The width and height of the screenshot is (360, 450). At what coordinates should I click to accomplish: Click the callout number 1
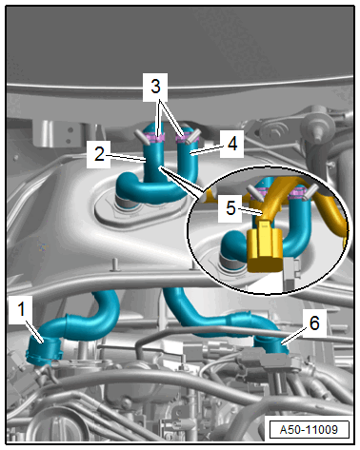click(x=21, y=309)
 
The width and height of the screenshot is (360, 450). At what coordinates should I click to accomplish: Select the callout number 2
click(x=99, y=154)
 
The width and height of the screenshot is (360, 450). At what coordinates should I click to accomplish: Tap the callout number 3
click(x=155, y=87)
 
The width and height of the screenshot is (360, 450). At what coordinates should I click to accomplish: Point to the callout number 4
click(x=232, y=145)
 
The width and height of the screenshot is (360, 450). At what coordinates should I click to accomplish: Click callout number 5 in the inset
click(x=230, y=208)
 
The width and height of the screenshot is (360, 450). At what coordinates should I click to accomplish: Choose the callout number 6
click(x=314, y=323)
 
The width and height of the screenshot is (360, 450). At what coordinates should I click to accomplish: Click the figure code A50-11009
click(x=309, y=430)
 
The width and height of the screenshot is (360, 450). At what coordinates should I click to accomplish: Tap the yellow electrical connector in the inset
click(x=264, y=246)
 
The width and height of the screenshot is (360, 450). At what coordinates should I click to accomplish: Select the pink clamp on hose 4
click(x=184, y=138)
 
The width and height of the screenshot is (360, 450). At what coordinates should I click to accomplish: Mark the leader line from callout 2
click(x=126, y=158)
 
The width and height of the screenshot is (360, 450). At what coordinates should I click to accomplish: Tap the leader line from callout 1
click(x=34, y=332)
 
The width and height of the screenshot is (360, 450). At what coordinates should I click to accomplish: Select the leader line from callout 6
click(x=294, y=337)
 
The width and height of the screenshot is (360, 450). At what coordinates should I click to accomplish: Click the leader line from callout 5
click(x=250, y=211)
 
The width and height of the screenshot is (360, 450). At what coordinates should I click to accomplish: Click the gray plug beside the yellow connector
click(x=291, y=274)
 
